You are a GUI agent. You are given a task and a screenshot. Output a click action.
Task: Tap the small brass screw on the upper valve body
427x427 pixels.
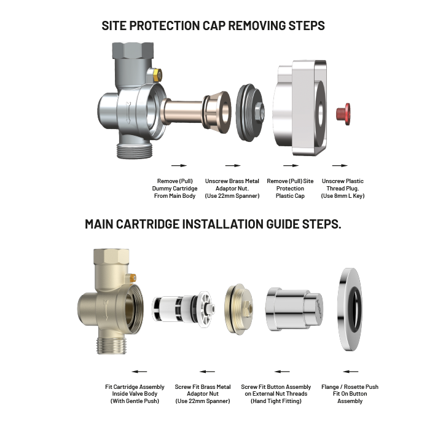tap(158, 75)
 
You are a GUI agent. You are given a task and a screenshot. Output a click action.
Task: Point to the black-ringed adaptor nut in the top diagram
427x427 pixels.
tap(250, 111)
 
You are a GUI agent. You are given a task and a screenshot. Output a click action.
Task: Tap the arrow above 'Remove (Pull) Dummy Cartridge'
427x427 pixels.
tap(178, 165)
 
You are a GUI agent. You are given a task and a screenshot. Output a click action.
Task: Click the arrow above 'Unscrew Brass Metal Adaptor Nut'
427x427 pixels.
tap(232, 165)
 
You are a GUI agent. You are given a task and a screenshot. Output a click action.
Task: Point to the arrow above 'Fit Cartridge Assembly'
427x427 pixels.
tap(139, 371)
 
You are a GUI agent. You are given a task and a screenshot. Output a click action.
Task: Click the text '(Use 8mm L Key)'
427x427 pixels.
tap(342, 196)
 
